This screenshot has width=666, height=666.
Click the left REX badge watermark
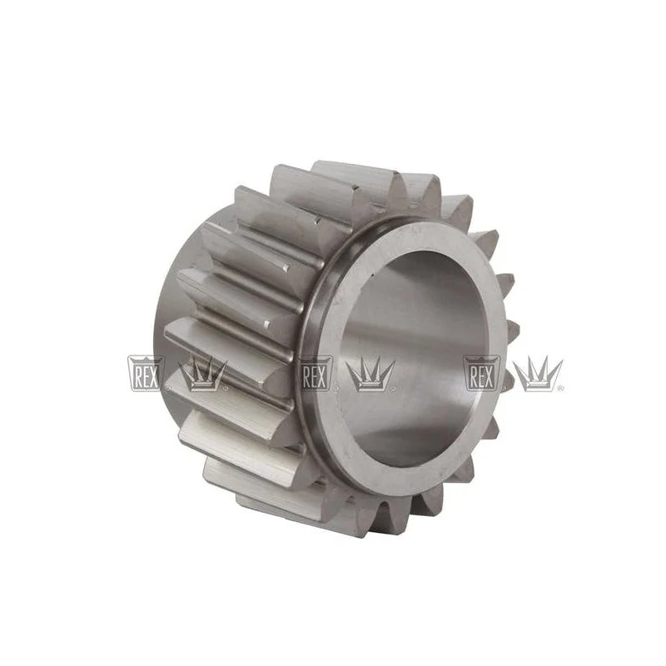click(x=144, y=373)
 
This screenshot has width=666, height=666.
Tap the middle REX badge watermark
click(x=316, y=373)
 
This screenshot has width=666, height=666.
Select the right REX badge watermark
click(x=481, y=373)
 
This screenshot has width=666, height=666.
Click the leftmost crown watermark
click(x=203, y=374)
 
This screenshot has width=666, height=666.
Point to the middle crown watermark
click(x=371, y=374)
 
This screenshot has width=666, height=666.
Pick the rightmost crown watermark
click(x=538, y=374)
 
